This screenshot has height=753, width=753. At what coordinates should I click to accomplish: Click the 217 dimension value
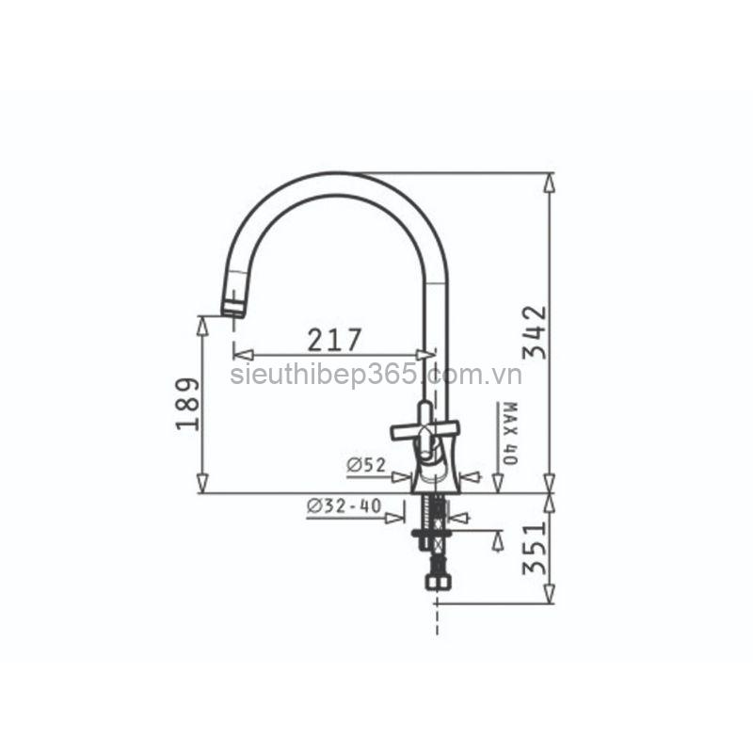(x=334, y=340)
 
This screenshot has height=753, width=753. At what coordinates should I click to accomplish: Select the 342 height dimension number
(x=535, y=332)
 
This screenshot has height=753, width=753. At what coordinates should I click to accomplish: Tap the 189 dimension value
(x=187, y=404)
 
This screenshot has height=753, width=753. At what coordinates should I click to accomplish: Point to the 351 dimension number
(x=535, y=549)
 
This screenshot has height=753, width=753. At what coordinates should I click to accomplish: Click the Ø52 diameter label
(x=366, y=465)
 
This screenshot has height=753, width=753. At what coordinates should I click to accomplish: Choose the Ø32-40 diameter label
(x=344, y=505)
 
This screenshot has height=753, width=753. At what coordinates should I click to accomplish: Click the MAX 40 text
(x=509, y=433)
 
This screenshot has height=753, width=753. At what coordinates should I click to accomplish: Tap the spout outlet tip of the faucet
(x=233, y=312)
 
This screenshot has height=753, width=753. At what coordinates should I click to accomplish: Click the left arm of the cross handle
(x=406, y=432)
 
